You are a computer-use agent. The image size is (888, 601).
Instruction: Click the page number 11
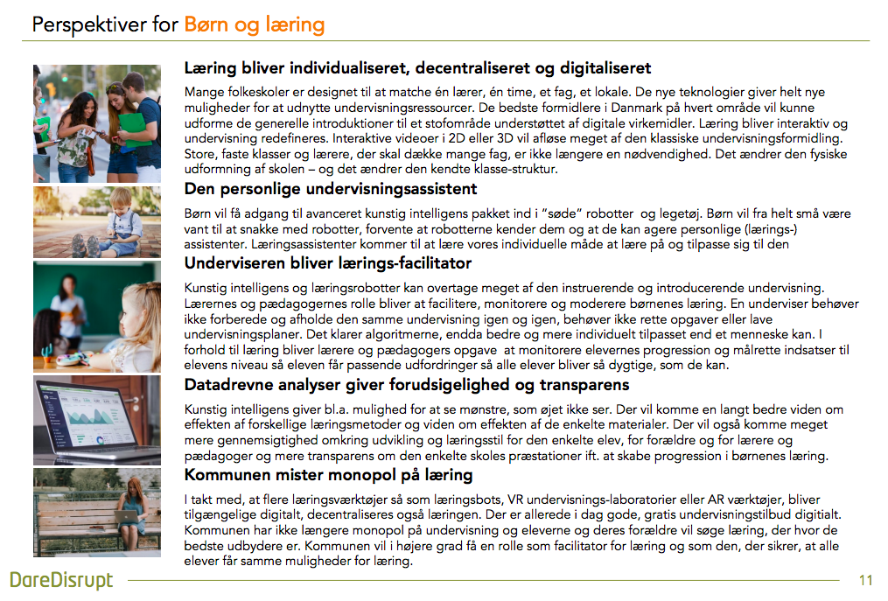(866, 580)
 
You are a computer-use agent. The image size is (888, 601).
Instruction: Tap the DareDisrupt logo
(60, 579)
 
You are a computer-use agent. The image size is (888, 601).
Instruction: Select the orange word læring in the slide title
(296, 25)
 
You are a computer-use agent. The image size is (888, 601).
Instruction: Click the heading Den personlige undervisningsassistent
(331, 188)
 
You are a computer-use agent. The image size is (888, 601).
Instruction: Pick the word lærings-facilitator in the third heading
(397, 263)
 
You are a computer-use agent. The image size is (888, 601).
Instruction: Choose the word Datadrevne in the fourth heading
(226, 385)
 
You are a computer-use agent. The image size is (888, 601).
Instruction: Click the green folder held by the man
(133, 122)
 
